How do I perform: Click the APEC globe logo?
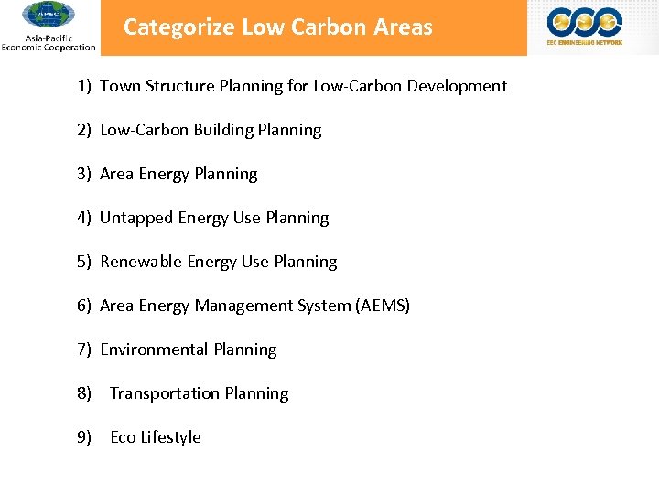[x=48, y=16]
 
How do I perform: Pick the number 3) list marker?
[x=84, y=174]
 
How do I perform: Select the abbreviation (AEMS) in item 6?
[x=383, y=306]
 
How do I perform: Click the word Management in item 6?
[x=238, y=306]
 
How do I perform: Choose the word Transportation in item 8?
[x=161, y=393]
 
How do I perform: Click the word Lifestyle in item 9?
[x=171, y=437]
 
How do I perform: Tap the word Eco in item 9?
[x=123, y=437]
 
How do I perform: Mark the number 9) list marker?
[x=84, y=437]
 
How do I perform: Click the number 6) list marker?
[x=84, y=306]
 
